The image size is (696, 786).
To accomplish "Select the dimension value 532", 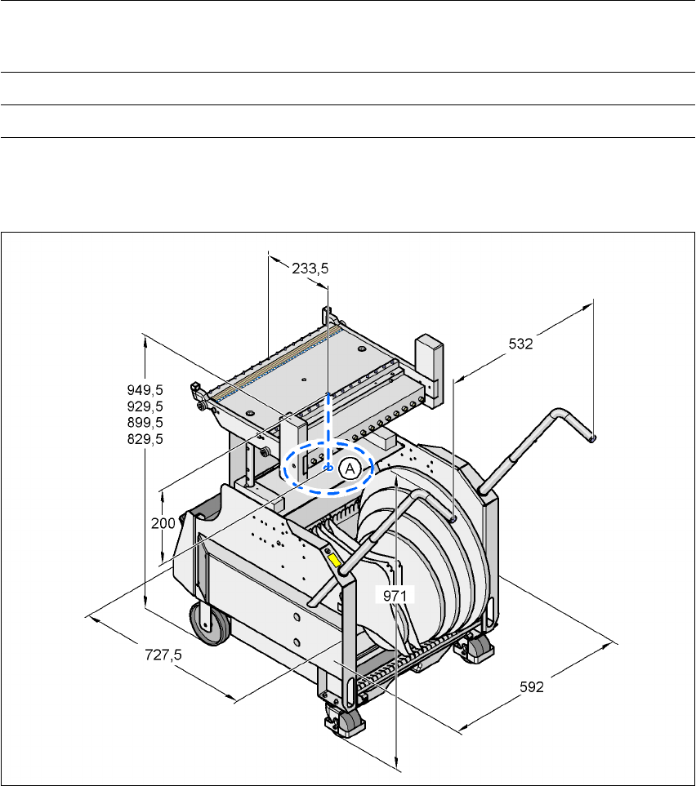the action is (520, 344).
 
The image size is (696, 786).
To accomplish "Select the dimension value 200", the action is (164, 523).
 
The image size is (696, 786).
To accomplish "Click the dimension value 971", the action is (395, 596).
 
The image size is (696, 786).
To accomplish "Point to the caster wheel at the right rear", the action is (479, 647).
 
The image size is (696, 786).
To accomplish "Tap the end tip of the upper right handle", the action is (593, 439).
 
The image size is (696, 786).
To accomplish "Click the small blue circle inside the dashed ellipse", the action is (328, 468).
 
